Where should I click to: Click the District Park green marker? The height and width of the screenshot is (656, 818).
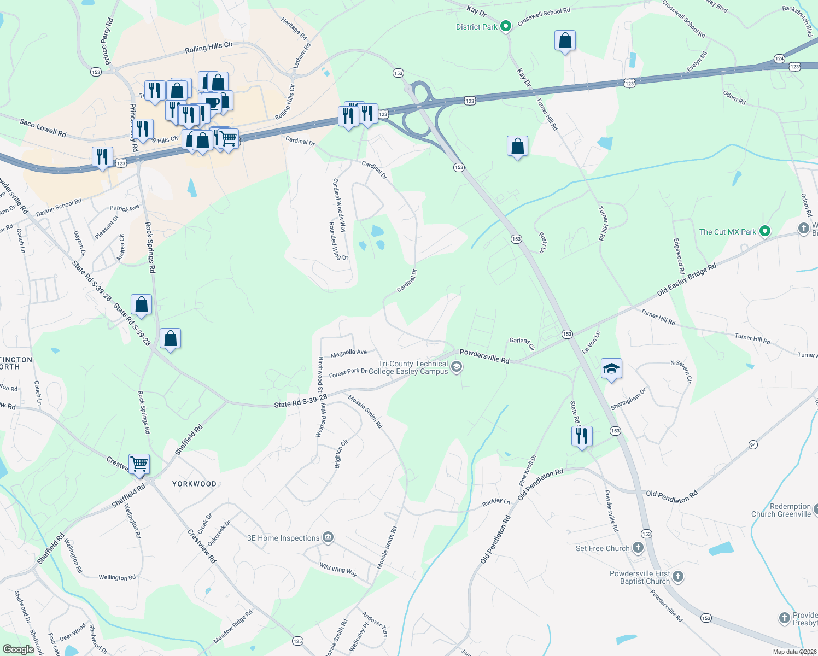(x=506, y=26)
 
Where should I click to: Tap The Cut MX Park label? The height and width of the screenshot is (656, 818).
(x=727, y=232)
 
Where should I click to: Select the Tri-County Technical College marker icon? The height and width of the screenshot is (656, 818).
(x=457, y=367)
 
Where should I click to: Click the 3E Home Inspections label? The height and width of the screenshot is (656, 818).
(x=283, y=538)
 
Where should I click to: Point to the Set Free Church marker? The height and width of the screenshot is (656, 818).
(x=638, y=547)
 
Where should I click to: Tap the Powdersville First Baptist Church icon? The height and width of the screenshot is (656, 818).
(x=678, y=576)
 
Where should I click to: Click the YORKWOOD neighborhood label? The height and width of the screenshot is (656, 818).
(x=194, y=484)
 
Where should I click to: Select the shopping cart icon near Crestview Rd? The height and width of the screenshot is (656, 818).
(x=139, y=464)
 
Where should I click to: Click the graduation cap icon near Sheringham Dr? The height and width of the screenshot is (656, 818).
(x=611, y=368)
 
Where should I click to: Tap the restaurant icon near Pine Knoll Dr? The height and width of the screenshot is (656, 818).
(x=581, y=436)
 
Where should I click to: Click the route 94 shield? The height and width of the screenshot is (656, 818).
(x=753, y=445)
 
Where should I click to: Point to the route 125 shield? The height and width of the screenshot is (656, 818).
(x=297, y=641)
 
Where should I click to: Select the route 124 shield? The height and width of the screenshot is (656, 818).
(x=779, y=58)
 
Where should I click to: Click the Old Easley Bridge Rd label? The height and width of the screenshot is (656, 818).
(x=686, y=280)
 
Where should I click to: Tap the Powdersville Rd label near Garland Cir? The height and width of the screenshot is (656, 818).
(x=484, y=356)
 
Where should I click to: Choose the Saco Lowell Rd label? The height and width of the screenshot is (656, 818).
(x=43, y=128)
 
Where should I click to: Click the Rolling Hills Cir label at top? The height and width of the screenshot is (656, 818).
(x=208, y=48)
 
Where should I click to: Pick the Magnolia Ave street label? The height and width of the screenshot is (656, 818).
(x=348, y=353)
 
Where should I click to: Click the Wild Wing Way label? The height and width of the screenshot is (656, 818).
(x=338, y=570)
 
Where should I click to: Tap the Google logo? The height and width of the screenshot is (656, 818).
(x=18, y=649)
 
